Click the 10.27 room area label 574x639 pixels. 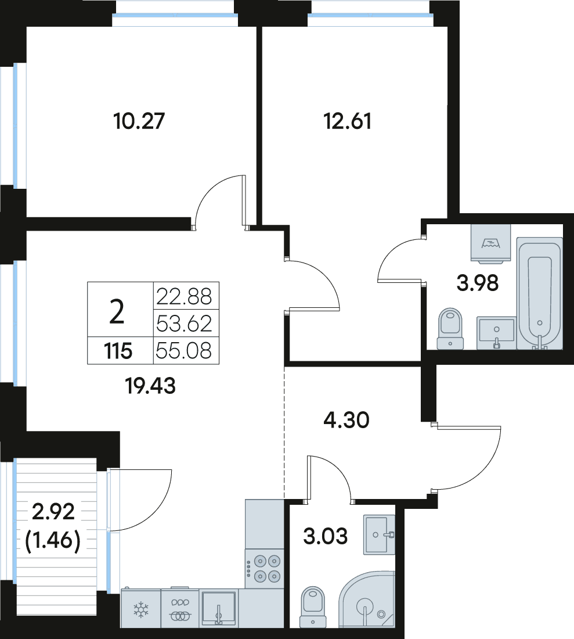139,121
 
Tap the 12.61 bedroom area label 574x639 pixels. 347,121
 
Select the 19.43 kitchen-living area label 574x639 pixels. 151,386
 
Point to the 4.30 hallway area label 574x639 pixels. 346,420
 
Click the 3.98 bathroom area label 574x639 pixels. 478,283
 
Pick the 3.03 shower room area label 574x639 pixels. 325,536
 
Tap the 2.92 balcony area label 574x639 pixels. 53,511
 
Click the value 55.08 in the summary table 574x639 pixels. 184,350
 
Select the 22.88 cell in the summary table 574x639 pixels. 184,296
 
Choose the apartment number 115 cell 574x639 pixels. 118,350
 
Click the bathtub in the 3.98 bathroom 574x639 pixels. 539,293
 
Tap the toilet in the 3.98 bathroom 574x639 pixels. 450,328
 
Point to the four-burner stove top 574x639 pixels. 265,568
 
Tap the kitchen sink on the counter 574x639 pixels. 219,608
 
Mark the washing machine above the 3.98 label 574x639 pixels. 491,242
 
